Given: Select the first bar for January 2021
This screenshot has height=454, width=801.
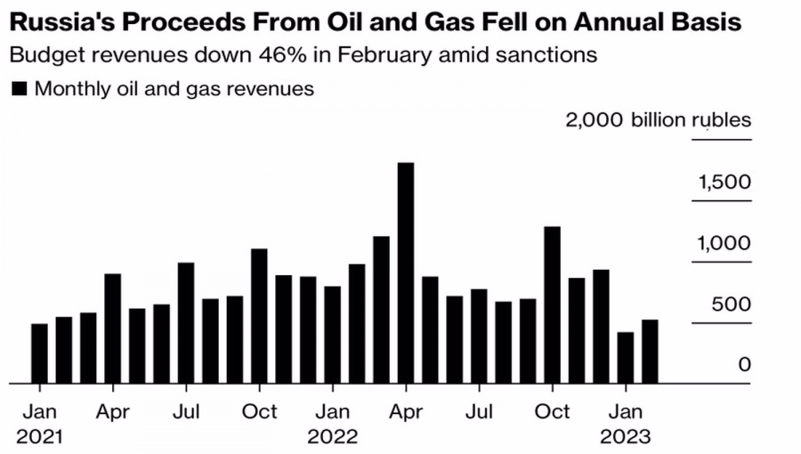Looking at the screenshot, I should tap(39, 353).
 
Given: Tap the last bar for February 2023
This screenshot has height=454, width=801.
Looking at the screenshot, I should tap(650, 352).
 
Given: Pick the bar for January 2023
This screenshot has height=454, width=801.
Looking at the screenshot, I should tap(626, 358).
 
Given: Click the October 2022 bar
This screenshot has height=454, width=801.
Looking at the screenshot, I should tap(552, 305).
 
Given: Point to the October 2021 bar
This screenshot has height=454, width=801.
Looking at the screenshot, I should tap(259, 316).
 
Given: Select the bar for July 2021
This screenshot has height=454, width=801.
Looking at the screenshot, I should tap(186, 323).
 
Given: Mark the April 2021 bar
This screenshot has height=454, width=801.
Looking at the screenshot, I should tap(113, 328).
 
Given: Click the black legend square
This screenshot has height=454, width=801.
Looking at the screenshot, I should tap(18, 89).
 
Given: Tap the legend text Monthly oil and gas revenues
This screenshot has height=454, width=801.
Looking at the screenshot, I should tap(174, 89).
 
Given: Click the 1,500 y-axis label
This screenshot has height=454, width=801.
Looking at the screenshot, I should tap(725, 182).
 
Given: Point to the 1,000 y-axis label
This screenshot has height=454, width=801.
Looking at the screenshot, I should tap(725, 243).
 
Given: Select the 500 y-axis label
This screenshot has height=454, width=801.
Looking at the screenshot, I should tap(732, 304).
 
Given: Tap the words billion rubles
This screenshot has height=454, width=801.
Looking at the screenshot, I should tap(691, 120).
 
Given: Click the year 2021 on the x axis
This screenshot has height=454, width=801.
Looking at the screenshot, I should tap(39, 437).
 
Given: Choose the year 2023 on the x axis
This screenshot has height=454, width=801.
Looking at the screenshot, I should tap(626, 437).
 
